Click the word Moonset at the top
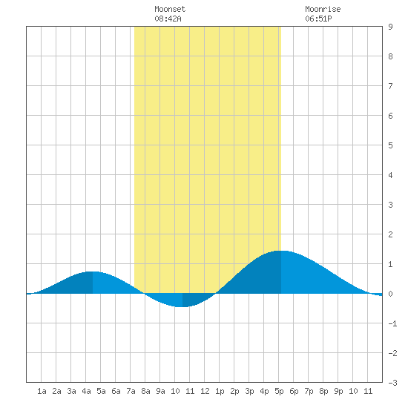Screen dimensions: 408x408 170,9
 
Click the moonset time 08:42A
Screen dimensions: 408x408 168,19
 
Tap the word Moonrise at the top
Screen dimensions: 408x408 323,9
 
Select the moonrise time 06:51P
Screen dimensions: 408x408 318,19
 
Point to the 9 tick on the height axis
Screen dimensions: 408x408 390,27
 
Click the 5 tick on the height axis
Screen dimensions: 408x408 390,145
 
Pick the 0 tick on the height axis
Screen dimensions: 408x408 390,294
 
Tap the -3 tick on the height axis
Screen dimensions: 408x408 392,383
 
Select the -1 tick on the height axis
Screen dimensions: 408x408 392,323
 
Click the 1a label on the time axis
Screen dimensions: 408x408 42,391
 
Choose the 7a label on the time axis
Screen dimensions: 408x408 131,391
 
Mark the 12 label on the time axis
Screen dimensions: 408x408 205,391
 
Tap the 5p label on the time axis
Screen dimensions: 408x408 279,391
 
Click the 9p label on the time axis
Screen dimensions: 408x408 338,391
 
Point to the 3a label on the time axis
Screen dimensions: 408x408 71,391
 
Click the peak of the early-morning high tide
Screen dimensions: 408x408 93,272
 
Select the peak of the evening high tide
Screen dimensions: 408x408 281,251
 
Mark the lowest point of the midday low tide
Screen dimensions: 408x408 182,307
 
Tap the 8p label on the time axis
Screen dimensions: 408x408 323,391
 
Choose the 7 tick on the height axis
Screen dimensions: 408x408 390,86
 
